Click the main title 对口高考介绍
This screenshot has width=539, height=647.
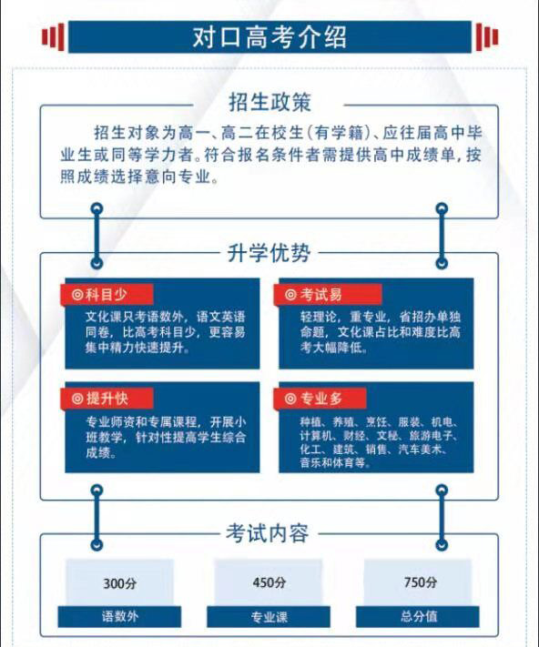coord(269,37)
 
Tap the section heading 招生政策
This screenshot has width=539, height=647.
coord(269,102)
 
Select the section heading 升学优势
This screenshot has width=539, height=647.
coord(269,253)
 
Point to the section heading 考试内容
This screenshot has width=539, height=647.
coord(268,533)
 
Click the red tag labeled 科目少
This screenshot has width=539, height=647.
coord(107,295)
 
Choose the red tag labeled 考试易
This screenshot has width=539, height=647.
coord(327,295)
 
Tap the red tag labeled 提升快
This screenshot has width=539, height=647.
coord(107,399)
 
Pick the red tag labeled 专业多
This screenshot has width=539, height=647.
coord(320,399)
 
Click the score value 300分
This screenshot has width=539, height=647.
coord(119,583)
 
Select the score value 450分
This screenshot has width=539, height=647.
coord(269,582)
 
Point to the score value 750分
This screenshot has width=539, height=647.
coord(420,582)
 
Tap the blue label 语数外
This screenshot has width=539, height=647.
coord(119,617)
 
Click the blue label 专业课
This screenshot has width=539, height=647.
coord(269,617)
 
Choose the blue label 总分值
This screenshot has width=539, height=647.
coord(418,617)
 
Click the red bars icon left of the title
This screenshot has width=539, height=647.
coord(53,37)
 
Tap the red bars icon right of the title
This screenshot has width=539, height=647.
coord(487,37)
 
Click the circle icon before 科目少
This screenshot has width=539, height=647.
coord(77,295)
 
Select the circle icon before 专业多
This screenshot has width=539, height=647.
coord(290,399)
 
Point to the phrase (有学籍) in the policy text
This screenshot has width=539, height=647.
coord(339,133)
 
